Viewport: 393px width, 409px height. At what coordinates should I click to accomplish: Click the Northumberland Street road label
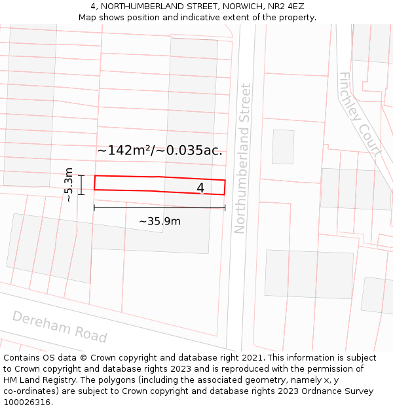(242, 158)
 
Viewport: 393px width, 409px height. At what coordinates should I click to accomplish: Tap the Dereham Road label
(60, 326)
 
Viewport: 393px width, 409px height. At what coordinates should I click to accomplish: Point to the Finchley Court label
(360, 114)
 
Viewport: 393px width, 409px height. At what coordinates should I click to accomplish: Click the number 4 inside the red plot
(200, 188)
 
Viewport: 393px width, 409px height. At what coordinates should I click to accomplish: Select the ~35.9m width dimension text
(160, 221)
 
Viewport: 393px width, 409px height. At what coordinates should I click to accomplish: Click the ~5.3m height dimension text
(68, 185)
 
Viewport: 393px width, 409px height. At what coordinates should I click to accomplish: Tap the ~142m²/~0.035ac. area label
(160, 151)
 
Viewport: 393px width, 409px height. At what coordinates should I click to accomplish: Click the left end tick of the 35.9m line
(94, 207)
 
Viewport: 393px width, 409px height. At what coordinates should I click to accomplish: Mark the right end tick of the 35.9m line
(225, 207)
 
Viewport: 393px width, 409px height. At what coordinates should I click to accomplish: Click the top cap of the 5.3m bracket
(81, 175)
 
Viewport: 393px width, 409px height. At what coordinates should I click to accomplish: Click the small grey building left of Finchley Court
(283, 147)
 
